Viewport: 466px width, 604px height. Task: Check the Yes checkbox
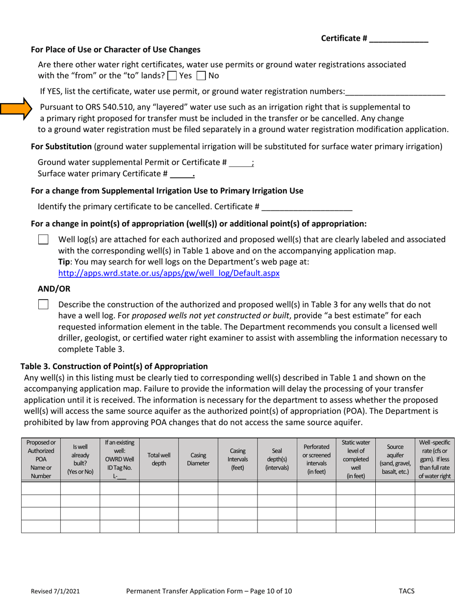coord(172,76)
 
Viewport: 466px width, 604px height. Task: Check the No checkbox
coord(201,76)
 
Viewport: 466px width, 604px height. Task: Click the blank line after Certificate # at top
coord(398,39)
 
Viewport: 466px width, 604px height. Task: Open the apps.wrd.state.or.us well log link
coord(169,273)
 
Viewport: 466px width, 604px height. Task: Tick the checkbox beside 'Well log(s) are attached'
coord(43,240)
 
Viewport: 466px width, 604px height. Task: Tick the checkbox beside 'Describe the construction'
coord(43,304)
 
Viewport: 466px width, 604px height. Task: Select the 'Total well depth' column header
coord(159,459)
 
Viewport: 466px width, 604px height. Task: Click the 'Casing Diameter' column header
coord(198,459)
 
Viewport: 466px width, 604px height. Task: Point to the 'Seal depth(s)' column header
coord(277,459)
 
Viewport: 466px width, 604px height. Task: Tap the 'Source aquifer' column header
coord(395,459)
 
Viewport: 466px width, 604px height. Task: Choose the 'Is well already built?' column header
coord(80,459)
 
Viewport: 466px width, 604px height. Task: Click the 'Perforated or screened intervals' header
coord(316,459)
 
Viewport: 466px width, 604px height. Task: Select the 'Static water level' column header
coord(356,459)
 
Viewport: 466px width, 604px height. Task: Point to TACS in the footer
coord(407,592)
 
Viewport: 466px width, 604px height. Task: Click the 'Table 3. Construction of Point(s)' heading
coord(114,366)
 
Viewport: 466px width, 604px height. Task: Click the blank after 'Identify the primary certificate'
coord(307,207)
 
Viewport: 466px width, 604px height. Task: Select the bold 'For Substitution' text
coord(61,146)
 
